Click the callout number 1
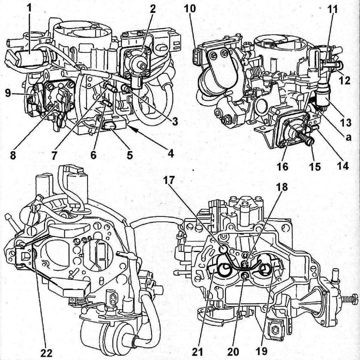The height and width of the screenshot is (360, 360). coord(29,8)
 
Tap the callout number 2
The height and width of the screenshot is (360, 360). coord(152,9)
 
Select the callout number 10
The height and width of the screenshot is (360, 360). coord(190,8)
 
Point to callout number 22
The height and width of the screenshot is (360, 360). coord(46,352)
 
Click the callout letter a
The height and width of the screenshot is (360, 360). coord(348,137)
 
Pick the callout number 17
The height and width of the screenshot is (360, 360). coord(169,180)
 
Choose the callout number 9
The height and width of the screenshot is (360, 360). coord(8,93)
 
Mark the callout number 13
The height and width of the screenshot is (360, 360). coord(346,122)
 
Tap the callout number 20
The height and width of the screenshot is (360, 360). coord(233,351)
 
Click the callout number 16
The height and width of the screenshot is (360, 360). coord(282,166)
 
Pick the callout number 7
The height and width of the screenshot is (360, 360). coord(54,155)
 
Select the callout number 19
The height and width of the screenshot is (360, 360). coord(261,351)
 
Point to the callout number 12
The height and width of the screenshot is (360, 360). coord(344,80)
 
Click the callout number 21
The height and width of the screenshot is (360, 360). coord(197,351)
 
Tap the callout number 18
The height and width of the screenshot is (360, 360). coord(281,187)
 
